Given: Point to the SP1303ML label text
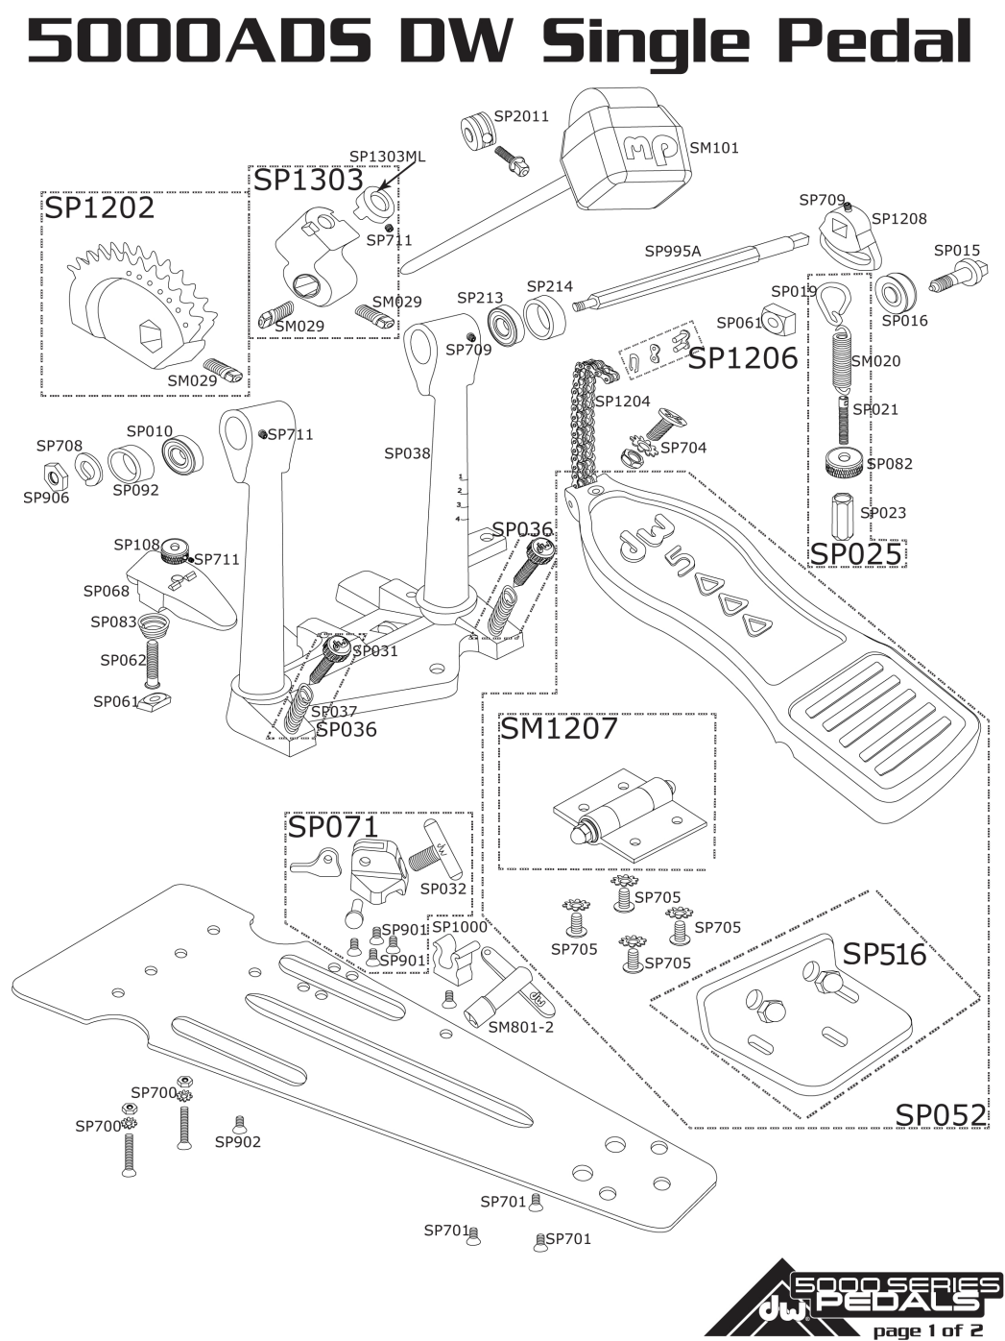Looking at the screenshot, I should tap(387, 157).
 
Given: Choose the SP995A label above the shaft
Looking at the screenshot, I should tap(673, 252).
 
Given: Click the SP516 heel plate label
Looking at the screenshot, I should tap(884, 954).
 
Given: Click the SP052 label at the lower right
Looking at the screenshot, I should tap(941, 1114).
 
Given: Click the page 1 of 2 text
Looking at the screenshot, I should tap(926, 1330).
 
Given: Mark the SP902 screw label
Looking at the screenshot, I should tap(237, 1142).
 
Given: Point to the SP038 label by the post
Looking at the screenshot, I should tap(407, 453).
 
